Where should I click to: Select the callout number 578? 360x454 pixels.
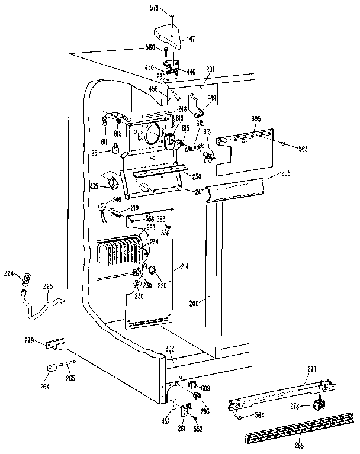(155, 8)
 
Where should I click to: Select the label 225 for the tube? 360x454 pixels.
(47, 286)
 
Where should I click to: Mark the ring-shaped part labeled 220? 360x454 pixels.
(153, 271)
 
